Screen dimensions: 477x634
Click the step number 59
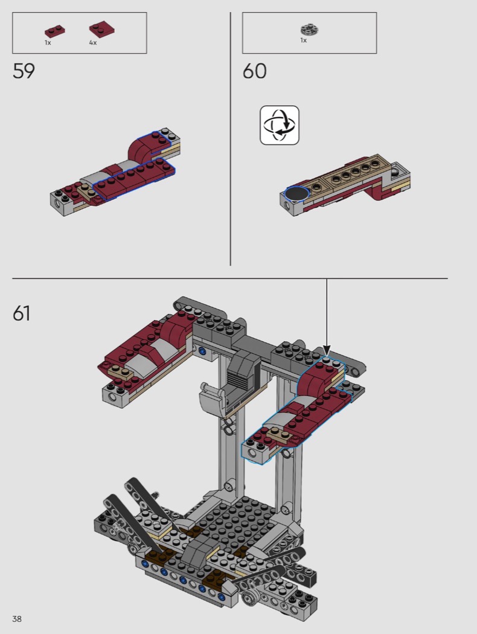pyautogui.click(x=24, y=71)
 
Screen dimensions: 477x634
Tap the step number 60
pyautogui.click(x=254, y=71)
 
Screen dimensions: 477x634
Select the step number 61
pyautogui.click(x=21, y=313)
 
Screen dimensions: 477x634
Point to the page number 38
pyautogui.click(x=17, y=619)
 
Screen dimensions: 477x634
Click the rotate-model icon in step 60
pyautogui.click(x=280, y=125)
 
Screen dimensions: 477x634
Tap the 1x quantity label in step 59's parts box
pyautogui.click(x=48, y=42)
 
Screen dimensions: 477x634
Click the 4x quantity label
pyautogui.click(x=93, y=42)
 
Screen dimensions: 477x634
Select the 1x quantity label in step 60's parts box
pyautogui.click(x=303, y=40)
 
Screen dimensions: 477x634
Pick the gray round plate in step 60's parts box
pyautogui.click(x=310, y=29)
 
